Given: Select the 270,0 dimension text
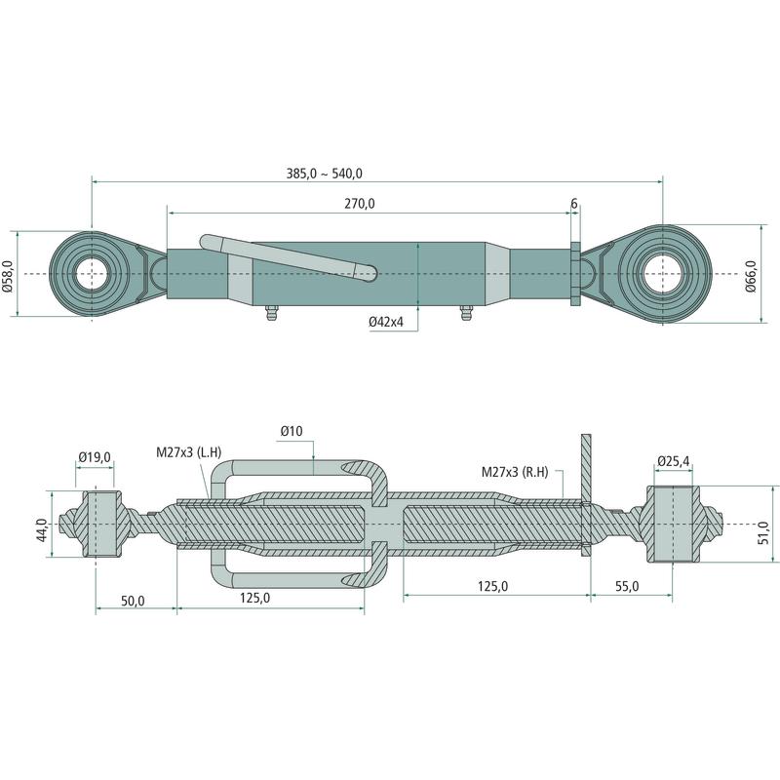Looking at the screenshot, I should coord(359,204).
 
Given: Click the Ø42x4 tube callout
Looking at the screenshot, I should coord(393,321).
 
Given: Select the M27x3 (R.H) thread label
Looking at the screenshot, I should coord(516,472).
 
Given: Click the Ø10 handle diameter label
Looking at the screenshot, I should coord(292,431).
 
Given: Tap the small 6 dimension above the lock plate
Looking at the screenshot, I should coord(574,204).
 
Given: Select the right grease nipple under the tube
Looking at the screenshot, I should coord(463,316).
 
